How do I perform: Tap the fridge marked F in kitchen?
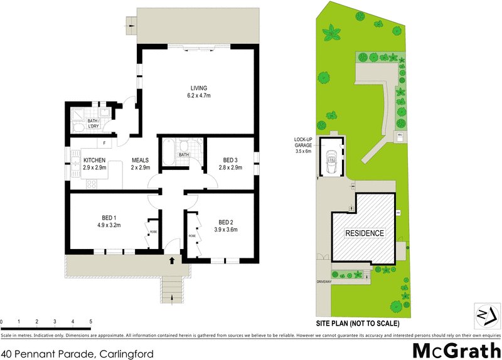click(104, 144)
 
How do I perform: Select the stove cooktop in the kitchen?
click(90, 184)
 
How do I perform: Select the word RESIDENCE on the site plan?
click(364, 233)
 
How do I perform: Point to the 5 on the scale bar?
click(91, 322)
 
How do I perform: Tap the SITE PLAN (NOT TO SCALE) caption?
click(357, 324)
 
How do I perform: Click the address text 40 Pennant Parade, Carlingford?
click(77, 354)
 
